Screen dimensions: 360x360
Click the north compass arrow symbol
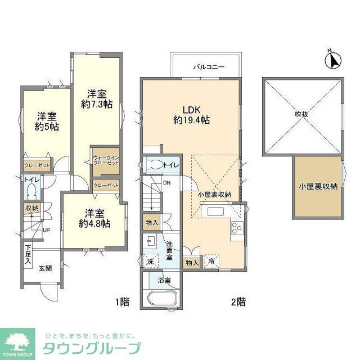click(x=332, y=58)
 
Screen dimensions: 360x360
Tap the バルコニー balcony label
click(x=209, y=67)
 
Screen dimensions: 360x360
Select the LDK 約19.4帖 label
click(x=191, y=114)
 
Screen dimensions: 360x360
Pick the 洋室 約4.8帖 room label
click(x=94, y=218)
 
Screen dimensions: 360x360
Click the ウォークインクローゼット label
click(x=106, y=160)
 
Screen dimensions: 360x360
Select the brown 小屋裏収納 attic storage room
click(x=318, y=187)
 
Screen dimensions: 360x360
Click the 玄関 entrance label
click(x=46, y=268)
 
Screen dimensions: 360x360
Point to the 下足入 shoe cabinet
click(x=28, y=256)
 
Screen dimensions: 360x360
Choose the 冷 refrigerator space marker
click(x=210, y=262)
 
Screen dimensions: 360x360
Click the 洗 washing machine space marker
click(x=150, y=262)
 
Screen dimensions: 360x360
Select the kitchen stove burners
click(x=236, y=229)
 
